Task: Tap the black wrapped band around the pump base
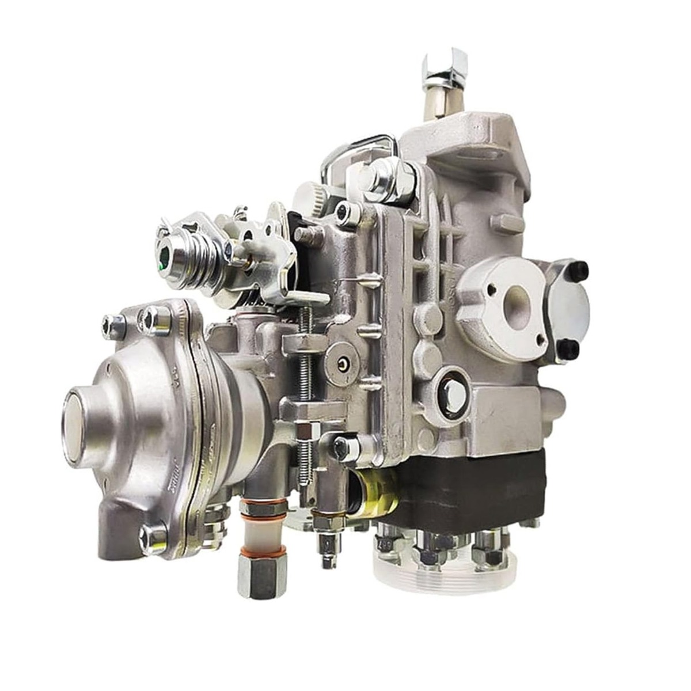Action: click(472, 489)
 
